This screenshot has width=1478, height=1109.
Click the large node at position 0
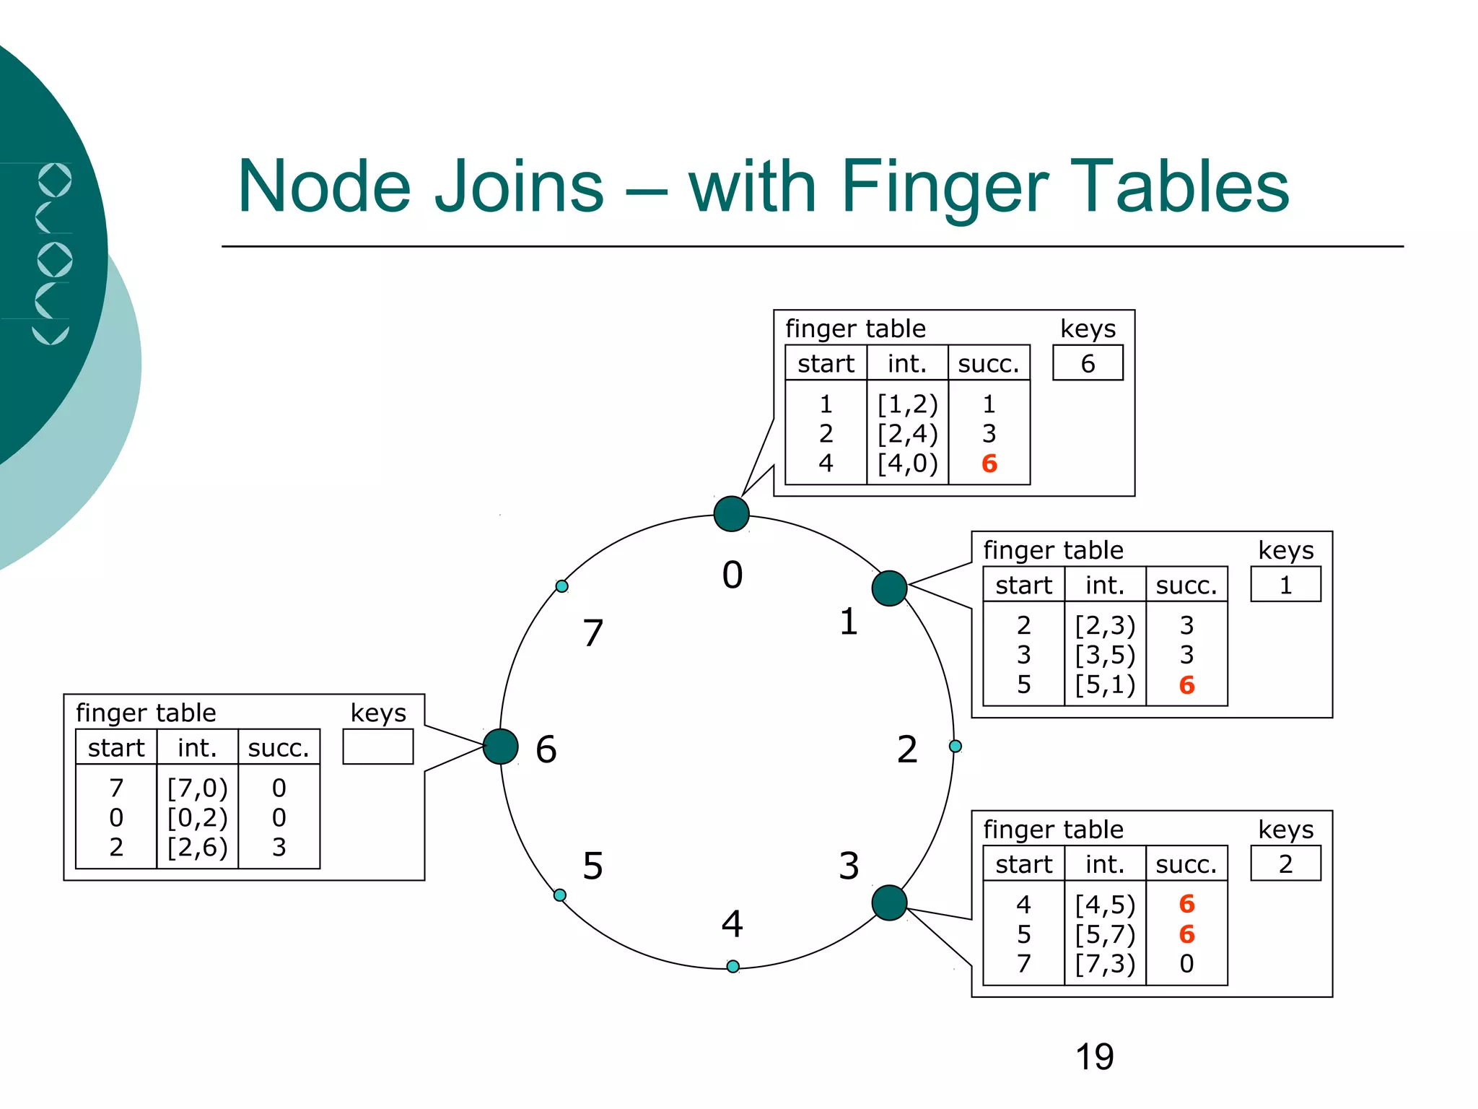731,514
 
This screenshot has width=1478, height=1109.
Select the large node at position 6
500,747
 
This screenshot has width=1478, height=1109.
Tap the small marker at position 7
561,586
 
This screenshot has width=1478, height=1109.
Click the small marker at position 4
733,966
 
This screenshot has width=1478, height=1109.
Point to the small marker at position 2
955,746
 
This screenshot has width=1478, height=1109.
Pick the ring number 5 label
592,866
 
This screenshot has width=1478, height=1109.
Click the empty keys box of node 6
377,747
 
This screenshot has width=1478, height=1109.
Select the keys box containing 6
1088,363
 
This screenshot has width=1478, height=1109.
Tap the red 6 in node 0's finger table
989,464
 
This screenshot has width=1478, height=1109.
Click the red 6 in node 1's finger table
1186,685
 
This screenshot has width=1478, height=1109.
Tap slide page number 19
1094,1057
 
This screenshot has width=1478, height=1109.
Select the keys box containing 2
1285,864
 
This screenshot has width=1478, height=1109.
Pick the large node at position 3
889,903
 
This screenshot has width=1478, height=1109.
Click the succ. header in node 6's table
279,748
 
